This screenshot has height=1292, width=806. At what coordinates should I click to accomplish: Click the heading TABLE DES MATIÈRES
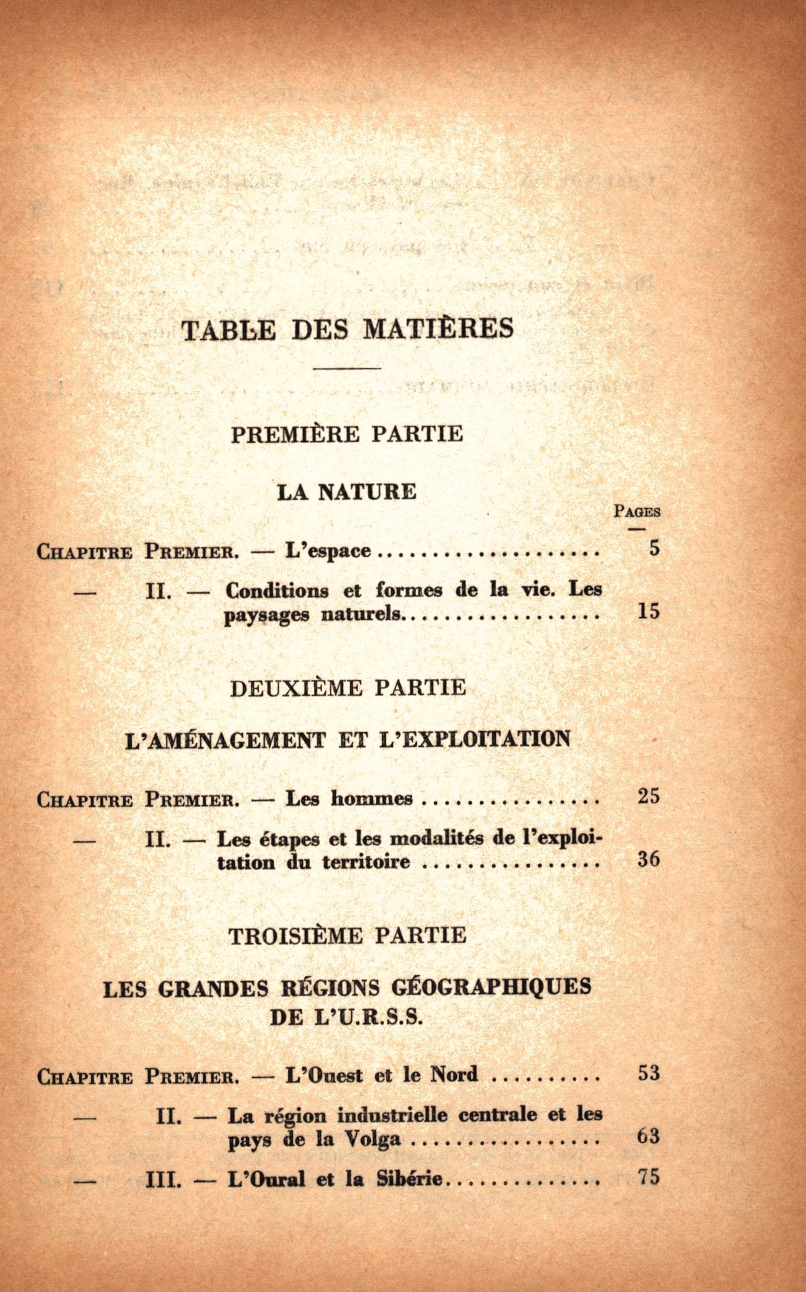point(347,329)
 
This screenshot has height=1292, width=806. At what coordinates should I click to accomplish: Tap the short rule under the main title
point(347,368)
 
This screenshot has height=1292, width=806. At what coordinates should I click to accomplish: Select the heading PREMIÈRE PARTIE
point(347,434)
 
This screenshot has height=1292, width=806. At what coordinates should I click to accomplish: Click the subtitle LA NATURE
point(347,492)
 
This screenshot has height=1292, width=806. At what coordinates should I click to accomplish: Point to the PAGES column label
point(637,511)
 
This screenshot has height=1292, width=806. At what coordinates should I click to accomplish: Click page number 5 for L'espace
point(655,548)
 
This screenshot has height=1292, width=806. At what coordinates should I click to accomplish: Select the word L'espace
point(328,551)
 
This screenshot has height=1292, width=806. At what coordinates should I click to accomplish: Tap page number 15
point(649,611)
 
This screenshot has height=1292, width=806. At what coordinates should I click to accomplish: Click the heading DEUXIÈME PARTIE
point(348,687)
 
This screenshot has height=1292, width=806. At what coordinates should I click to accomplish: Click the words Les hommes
point(349,798)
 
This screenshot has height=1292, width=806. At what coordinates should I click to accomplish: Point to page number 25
point(649,796)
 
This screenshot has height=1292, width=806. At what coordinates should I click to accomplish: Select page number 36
point(649,859)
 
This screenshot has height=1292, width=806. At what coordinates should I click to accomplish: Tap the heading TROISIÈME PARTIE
point(347,936)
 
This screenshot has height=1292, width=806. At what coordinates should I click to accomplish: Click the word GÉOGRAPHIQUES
point(491,988)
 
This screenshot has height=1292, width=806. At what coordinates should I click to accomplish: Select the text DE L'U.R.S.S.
point(346,1018)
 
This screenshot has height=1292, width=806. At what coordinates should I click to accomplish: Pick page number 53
point(649,1073)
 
